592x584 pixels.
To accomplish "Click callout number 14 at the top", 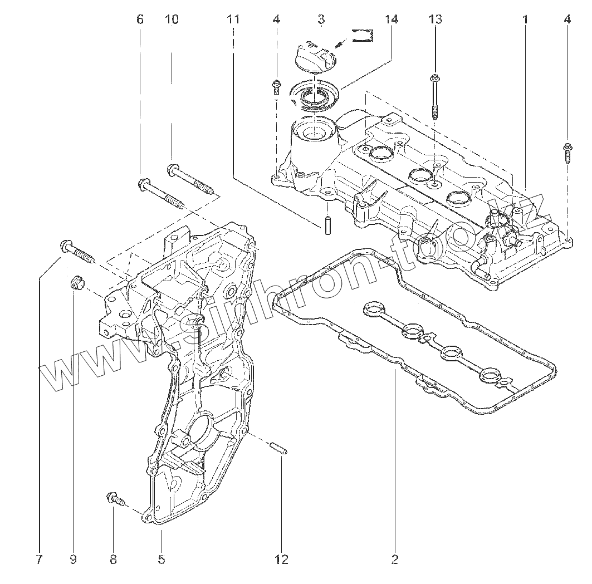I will tap(391, 19).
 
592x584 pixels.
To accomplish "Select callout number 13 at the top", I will tap(435, 19).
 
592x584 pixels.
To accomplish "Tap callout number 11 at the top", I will tap(233, 19).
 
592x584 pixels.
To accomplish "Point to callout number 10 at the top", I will tap(172, 19).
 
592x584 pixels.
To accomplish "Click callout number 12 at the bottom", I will tap(282, 560).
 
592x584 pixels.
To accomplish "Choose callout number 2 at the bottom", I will tap(395, 560).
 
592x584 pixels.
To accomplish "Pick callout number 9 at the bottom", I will tap(73, 560).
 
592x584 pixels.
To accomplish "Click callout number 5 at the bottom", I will tap(161, 560).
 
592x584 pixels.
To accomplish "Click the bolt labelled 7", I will tap(77, 251).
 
